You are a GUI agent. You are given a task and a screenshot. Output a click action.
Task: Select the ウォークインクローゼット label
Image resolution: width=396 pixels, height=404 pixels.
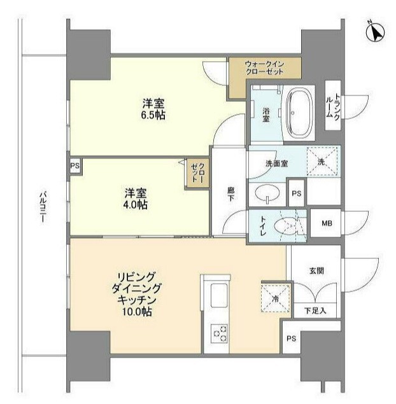pyautogui.click(x=264, y=68)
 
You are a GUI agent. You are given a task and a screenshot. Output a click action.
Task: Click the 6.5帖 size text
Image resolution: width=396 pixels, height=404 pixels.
pyautogui.click(x=153, y=115)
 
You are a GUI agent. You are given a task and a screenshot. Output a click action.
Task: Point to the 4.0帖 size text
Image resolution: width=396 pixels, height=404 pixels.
pyautogui.click(x=135, y=205)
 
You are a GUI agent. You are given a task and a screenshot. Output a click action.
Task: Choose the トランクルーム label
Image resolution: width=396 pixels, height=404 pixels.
pyautogui.click(x=333, y=106)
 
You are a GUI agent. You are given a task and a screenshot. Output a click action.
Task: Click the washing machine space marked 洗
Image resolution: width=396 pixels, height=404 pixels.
pyautogui.click(x=322, y=162)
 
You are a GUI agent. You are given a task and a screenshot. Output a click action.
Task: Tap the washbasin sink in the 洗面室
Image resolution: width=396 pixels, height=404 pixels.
pyautogui.click(x=267, y=193)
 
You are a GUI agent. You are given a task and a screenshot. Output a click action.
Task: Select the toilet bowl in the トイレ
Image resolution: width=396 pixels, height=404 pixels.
pyautogui.click(x=285, y=226)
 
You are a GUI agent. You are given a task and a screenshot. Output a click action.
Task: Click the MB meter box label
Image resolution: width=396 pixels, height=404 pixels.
pyautogui.click(x=327, y=223)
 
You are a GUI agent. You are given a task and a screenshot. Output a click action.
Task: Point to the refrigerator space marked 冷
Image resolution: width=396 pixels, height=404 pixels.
pyautogui.click(x=276, y=298)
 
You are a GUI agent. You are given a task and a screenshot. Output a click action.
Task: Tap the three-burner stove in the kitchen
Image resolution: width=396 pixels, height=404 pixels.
pyautogui.click(x=219, y=333)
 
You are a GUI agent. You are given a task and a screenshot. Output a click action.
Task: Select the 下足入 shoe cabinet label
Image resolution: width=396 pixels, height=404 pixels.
pyautogui.click(x=315, y=310)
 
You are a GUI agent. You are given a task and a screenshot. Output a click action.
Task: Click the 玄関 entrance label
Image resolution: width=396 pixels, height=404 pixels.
pyautogui.click(x=316, y=271)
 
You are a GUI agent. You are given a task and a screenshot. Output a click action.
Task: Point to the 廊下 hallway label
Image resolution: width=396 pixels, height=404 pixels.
pyautogui.click(x=230, y=194)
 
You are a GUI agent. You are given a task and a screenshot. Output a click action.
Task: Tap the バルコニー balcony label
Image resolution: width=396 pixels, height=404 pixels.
pyautogui.click(x=42, y=207)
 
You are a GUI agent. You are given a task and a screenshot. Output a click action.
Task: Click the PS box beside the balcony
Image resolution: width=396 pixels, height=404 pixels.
pyautogui.click(x=74, y=166)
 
